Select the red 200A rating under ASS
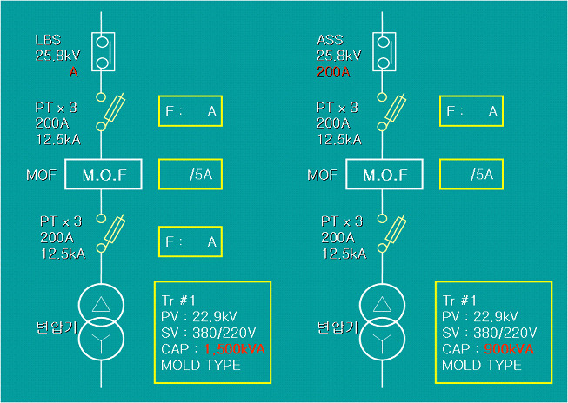click(x=333, y=73)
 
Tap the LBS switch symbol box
click(x=102, y=51)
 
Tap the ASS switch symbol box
click(x=383, y=51)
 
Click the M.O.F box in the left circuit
click(x=104, y=175)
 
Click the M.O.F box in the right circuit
click(x=385, y=175)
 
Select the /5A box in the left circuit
click(x=190, y=175)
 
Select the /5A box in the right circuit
click(x=472, y=175)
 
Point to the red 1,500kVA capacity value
click(x=234, y=349)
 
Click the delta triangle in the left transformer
click(x=102, y=304)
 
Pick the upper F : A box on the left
click(x=190, y=111)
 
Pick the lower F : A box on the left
click(x=190, y=242)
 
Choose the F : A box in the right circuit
click(x=472, y=111)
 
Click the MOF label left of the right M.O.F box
click(x=322, y=175)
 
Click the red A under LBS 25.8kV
click(x=74, y=73)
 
